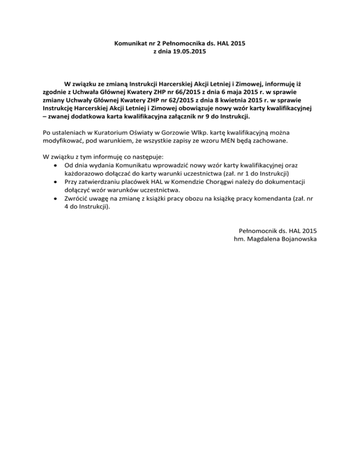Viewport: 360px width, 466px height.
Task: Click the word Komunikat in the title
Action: coord(130,44)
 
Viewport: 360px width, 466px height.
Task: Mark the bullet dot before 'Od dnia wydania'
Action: coord(56,165)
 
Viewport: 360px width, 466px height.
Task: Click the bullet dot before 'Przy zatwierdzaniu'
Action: coord(56,182)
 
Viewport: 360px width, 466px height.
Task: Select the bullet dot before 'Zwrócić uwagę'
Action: coord(56,198)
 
